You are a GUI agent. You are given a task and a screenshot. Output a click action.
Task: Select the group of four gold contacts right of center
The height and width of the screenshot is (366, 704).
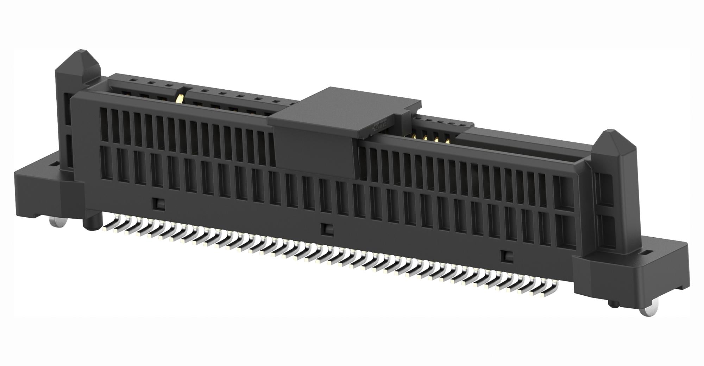click(x=431, y=138)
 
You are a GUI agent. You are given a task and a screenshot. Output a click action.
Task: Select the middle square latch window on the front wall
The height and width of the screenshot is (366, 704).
click(x=327, y=229)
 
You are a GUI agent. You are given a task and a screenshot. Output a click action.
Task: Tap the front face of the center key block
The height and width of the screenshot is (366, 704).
click(x=313, y=148)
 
